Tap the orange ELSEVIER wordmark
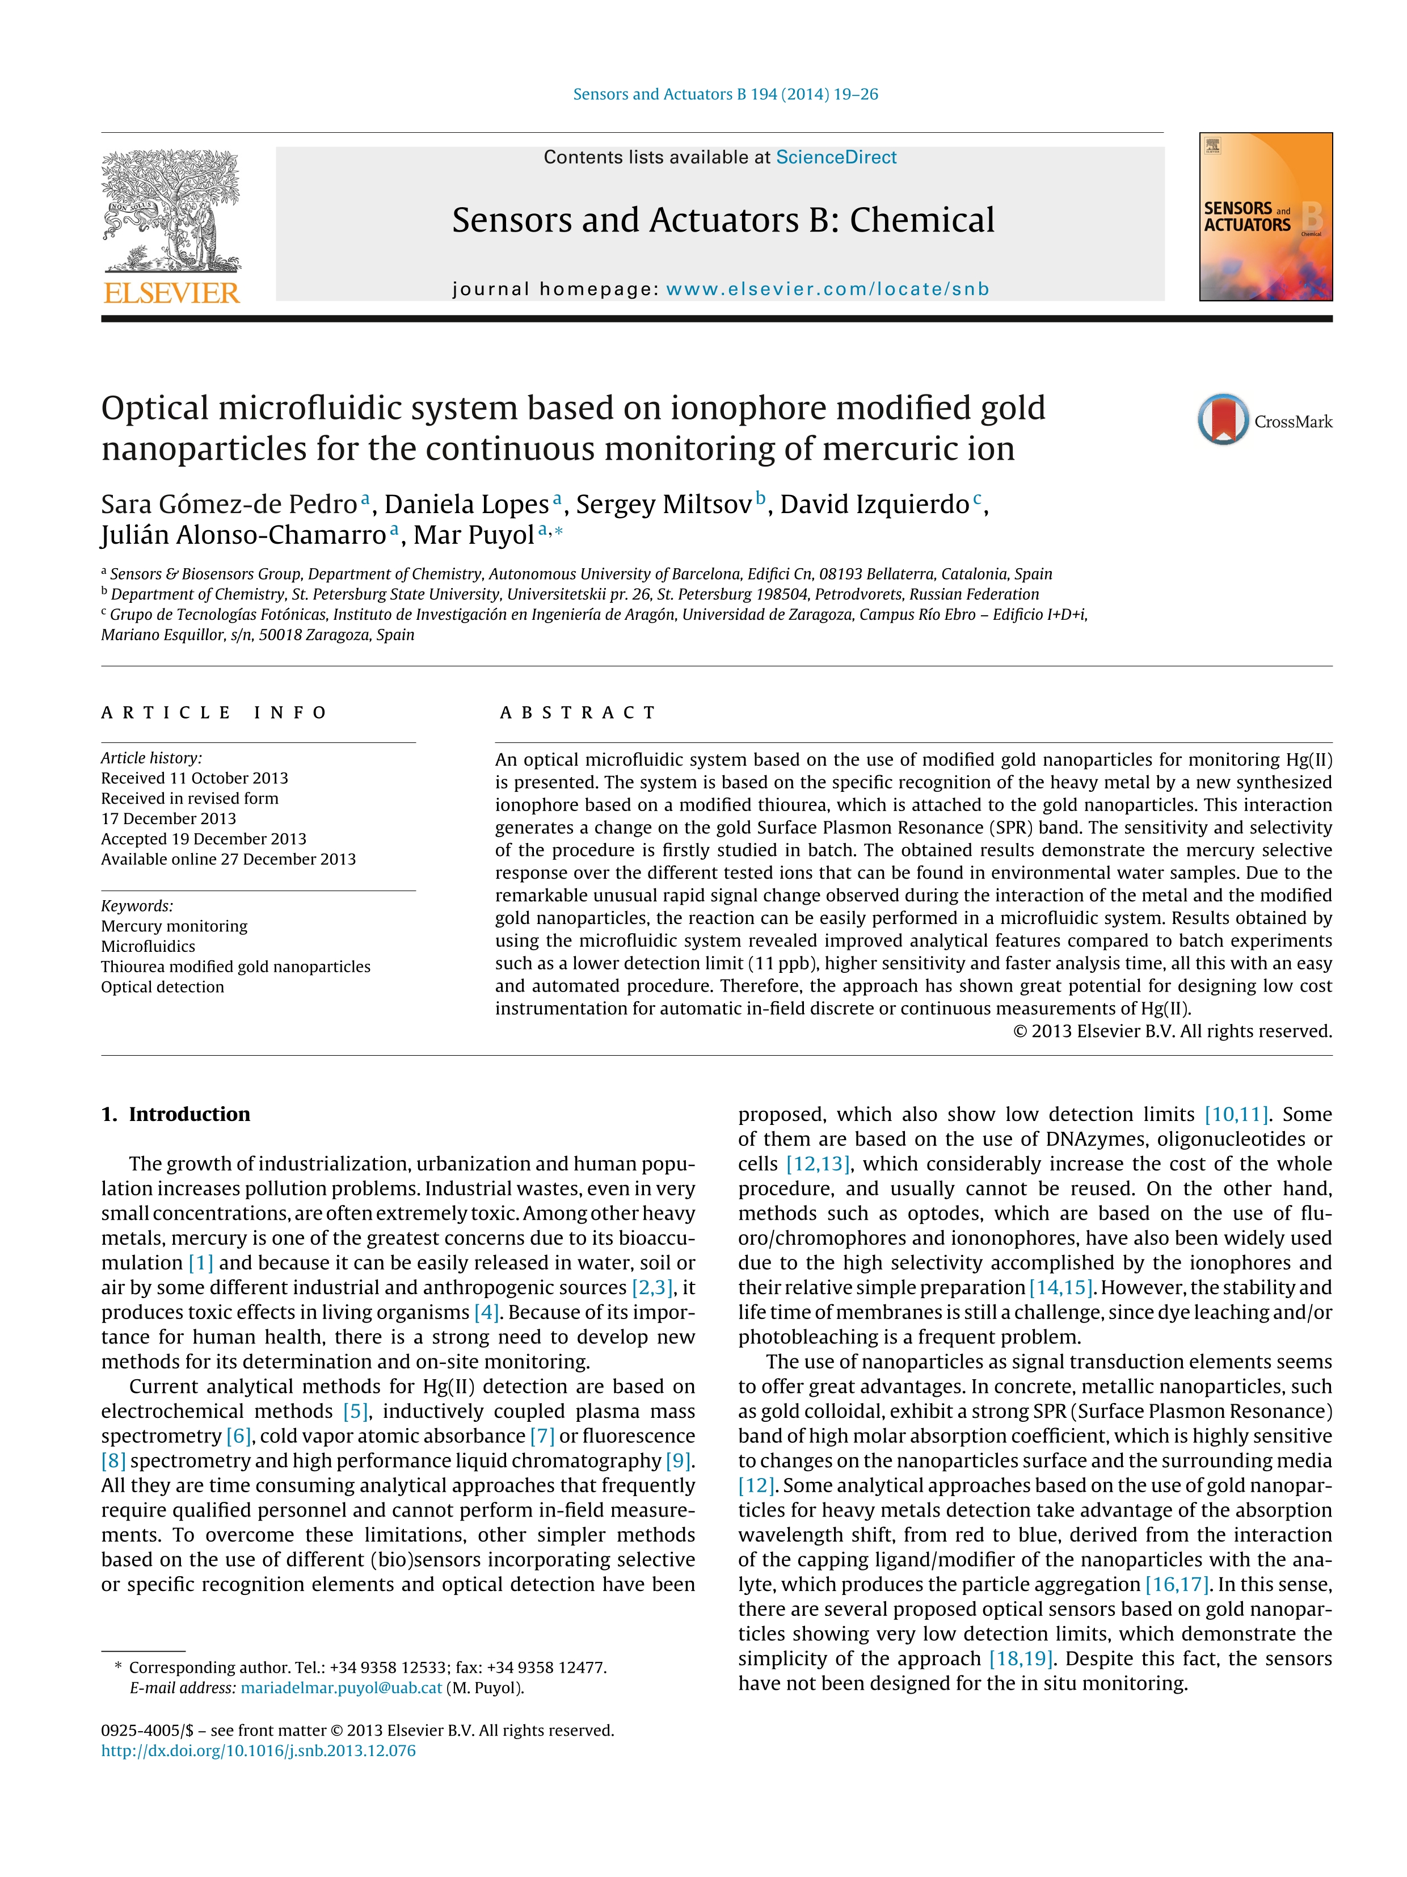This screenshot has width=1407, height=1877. click(x=171, y=293)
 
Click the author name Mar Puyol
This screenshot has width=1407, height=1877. click(x=473, y=535)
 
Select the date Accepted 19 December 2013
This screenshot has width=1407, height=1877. click(x=204, y=838)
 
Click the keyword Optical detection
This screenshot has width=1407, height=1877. click(x=163, y=987)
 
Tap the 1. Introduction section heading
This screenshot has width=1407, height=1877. click(x=175, y=1114)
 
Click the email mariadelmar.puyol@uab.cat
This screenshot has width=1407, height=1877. click(x=341, y=1688)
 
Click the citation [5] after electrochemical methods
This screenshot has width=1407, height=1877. click(x=355, y=1411)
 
